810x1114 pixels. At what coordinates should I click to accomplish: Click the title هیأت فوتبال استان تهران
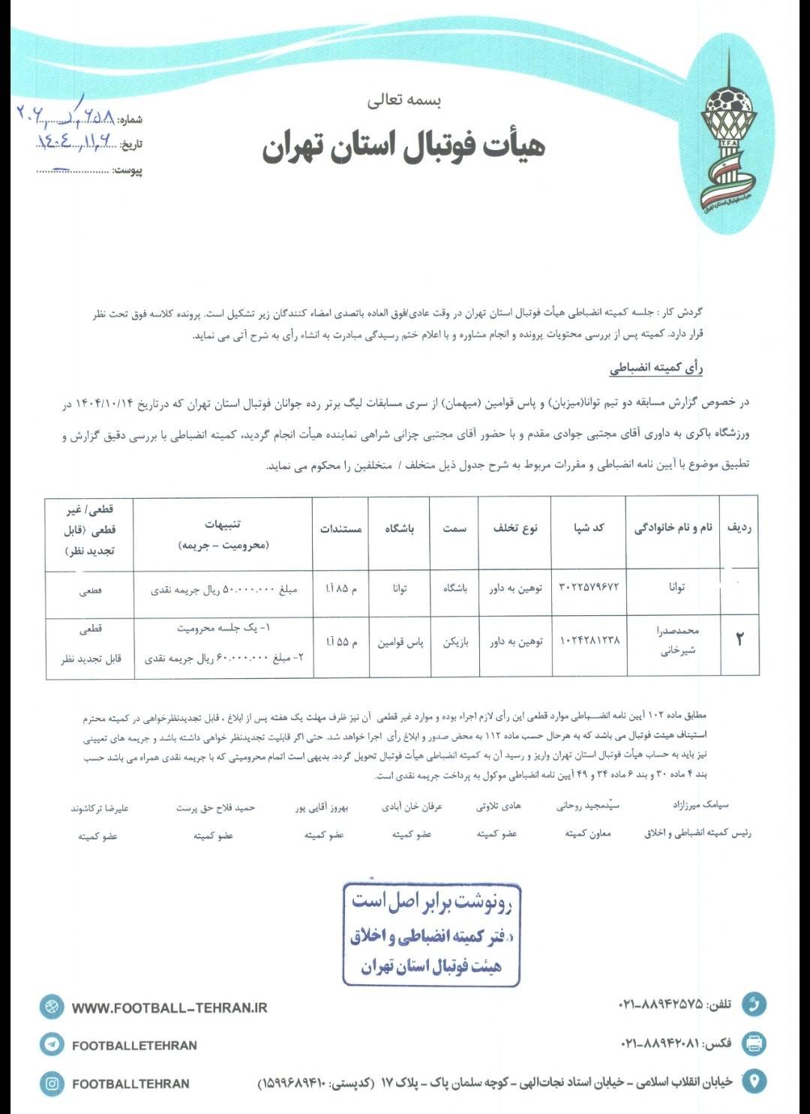tap(403, 146)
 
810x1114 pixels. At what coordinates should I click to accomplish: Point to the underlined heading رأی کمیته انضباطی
tap(656, 368)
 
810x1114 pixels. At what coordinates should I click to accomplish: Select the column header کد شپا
tap(589, 528)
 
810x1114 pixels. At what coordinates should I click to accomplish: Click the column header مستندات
tap(340, 529)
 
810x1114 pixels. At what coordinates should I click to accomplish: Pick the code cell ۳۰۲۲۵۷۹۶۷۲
tap(589, 588)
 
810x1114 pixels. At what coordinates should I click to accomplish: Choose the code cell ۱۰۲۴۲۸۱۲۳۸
tap(589, 641)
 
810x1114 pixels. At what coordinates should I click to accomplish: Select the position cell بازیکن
tap(454, 642)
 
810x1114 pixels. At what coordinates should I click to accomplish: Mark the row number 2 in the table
tap(739, 640)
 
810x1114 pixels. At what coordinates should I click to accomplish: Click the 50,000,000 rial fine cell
tap(223, 590)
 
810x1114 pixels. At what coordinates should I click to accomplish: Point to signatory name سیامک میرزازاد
tap(700, 805)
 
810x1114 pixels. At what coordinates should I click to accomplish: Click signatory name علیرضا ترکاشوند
tap(99, 808)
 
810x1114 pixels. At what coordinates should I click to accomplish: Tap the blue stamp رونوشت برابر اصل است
tap(431, 934)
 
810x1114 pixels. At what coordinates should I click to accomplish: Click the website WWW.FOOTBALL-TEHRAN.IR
tap(169, 1008)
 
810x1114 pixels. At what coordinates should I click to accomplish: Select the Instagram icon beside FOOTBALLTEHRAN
tap(52, 1083)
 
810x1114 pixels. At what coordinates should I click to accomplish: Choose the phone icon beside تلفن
tap(754, 1004)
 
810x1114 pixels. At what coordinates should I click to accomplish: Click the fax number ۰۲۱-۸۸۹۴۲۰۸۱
tap(660, 1043)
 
